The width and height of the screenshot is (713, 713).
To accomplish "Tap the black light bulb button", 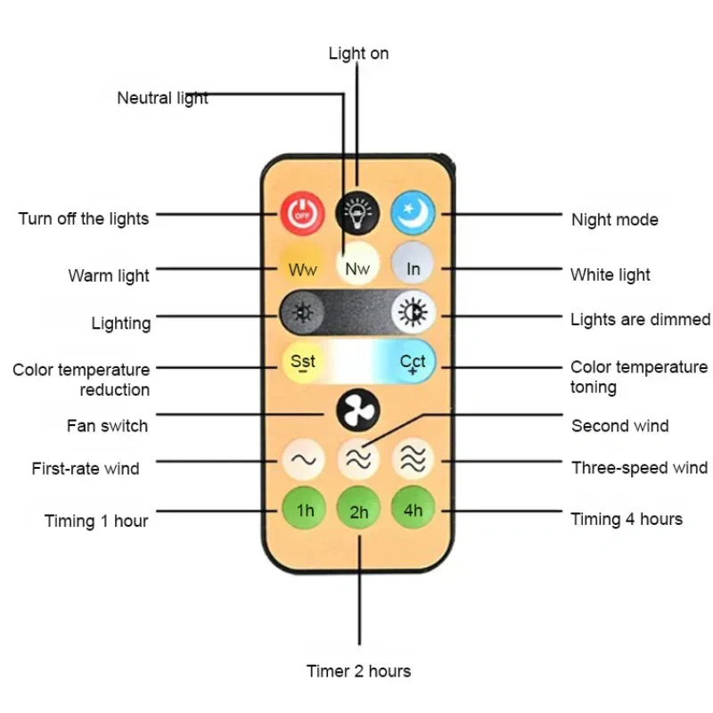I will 357,212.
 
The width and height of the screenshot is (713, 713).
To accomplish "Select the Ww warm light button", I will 302,267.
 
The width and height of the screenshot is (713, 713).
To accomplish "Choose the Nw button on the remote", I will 357,266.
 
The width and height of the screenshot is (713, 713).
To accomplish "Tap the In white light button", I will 413,267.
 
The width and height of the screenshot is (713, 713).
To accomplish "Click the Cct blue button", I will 413,362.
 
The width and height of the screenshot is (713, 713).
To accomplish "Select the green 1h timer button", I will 304,510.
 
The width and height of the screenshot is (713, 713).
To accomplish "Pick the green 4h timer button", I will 413,510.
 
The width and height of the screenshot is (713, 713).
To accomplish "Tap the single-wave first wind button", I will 303,460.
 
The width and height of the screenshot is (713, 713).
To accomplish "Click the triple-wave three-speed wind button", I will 413,460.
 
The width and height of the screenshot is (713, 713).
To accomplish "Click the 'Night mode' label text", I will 614,219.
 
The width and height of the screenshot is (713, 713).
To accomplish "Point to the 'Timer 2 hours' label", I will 358,670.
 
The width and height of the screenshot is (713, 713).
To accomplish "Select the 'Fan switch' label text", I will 107,425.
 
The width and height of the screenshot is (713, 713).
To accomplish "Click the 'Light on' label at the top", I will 358,53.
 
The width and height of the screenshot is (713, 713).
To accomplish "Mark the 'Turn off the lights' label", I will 84,218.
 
